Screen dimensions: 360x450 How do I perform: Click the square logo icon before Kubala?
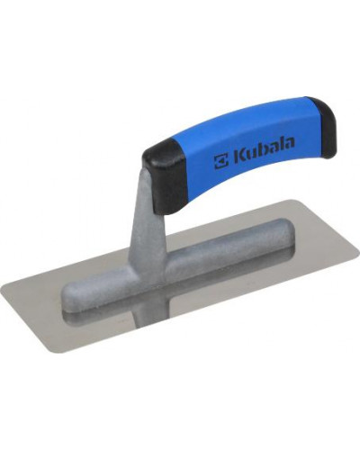[220, 160]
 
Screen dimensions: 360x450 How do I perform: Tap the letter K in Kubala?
[238, 157]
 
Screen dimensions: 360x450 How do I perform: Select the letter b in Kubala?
[258, 151]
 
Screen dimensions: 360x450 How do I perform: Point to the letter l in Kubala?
[279, 146]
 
